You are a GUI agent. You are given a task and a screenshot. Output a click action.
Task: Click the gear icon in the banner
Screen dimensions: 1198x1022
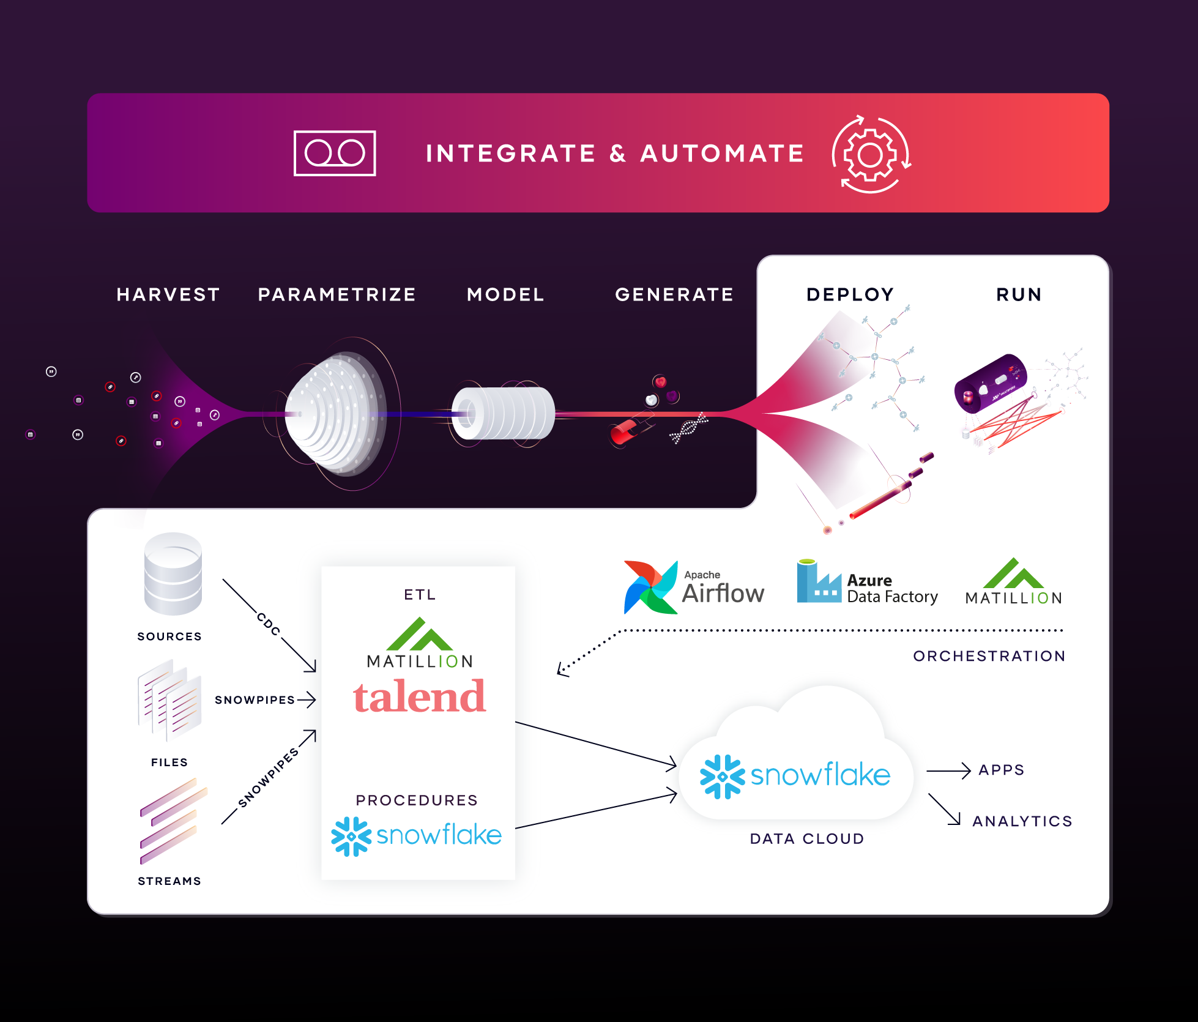[871, 154]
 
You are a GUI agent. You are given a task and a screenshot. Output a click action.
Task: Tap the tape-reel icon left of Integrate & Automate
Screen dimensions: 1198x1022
[335, 153]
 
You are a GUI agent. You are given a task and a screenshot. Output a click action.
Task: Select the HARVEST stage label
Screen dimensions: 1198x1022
[168, 294]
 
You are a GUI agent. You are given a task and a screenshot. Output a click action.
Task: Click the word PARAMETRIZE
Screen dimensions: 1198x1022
[337, 294]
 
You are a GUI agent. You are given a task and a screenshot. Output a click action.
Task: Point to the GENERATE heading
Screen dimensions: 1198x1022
[674, 294]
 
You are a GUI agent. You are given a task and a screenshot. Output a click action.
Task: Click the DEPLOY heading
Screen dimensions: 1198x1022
[850, 294]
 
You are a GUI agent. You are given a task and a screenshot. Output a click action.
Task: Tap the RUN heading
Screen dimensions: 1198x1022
[1019, 294]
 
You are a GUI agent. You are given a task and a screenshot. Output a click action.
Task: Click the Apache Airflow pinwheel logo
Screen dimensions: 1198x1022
[651, 587]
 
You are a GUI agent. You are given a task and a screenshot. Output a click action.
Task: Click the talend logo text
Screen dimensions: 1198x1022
[420, 696]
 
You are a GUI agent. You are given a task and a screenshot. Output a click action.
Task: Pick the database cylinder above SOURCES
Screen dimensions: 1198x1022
[173, 573]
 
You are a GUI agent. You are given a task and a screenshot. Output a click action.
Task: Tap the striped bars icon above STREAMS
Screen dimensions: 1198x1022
[173, 821]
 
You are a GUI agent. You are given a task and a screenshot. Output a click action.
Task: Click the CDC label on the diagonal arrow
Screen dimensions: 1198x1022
[269, 624]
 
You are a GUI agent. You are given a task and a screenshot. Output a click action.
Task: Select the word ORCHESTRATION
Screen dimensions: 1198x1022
[989, 656]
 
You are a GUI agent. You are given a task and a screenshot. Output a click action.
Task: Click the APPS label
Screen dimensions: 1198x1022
[1001, 770]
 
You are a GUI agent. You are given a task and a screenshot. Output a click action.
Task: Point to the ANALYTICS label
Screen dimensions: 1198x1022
[1022, 821]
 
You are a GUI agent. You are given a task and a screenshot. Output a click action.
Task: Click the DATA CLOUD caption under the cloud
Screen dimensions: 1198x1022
[807, 838]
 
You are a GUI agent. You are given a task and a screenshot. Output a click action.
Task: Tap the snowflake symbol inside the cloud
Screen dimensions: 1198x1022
[723, 777]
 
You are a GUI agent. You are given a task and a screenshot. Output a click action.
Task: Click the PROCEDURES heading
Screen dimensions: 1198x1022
[417, 800]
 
